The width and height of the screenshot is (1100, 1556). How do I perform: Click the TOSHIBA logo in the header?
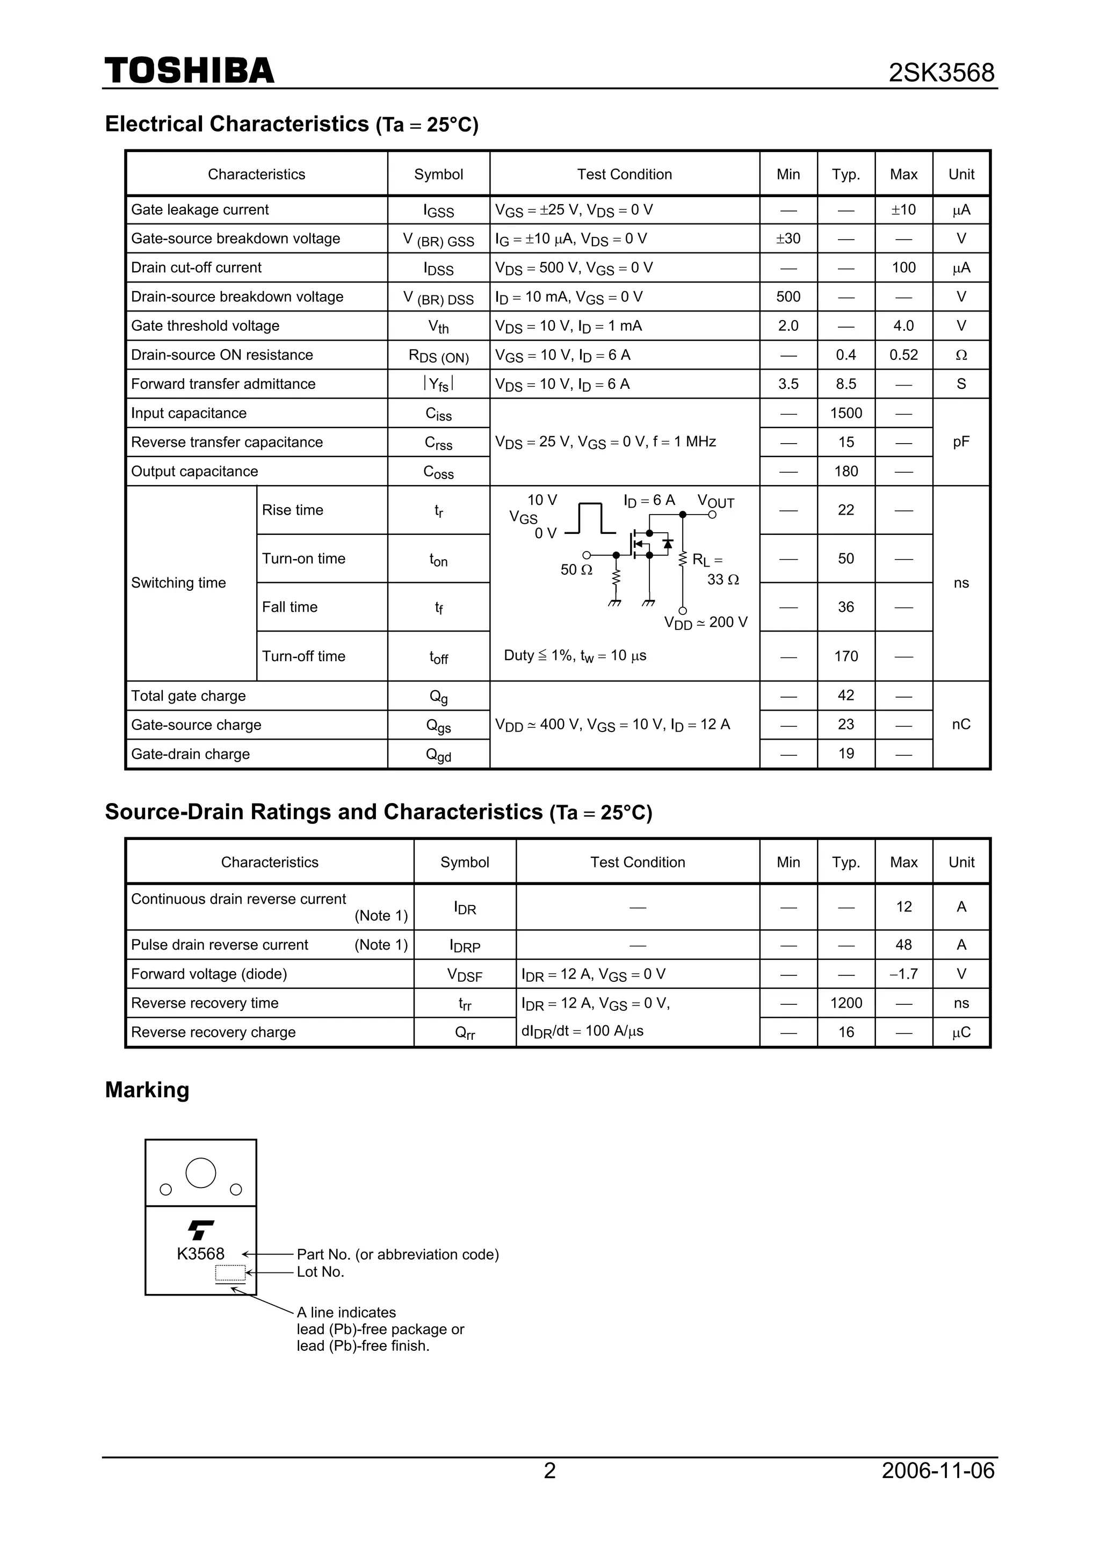189,71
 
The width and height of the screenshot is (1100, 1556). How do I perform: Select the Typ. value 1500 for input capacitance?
845,412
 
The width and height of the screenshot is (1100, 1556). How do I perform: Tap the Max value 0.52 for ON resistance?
903,354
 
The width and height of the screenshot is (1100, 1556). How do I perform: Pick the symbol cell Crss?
438,443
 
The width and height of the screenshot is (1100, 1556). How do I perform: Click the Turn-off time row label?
303,656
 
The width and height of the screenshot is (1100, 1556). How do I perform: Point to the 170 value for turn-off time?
845,656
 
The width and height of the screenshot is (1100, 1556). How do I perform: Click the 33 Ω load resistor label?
722,580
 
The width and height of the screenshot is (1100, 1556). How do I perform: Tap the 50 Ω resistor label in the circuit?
576,570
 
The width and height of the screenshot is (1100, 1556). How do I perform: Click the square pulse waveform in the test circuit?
590,518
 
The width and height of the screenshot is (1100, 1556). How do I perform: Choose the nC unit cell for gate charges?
960,725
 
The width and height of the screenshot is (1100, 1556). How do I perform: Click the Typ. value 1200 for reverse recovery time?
845,1003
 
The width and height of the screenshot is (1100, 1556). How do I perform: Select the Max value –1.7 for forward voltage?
903,974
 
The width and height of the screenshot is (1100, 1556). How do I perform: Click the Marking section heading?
147,1090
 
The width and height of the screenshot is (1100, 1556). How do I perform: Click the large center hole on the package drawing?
201,1173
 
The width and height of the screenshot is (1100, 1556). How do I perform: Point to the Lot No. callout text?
321,1272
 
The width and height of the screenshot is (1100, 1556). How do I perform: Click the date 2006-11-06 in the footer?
937,1471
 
